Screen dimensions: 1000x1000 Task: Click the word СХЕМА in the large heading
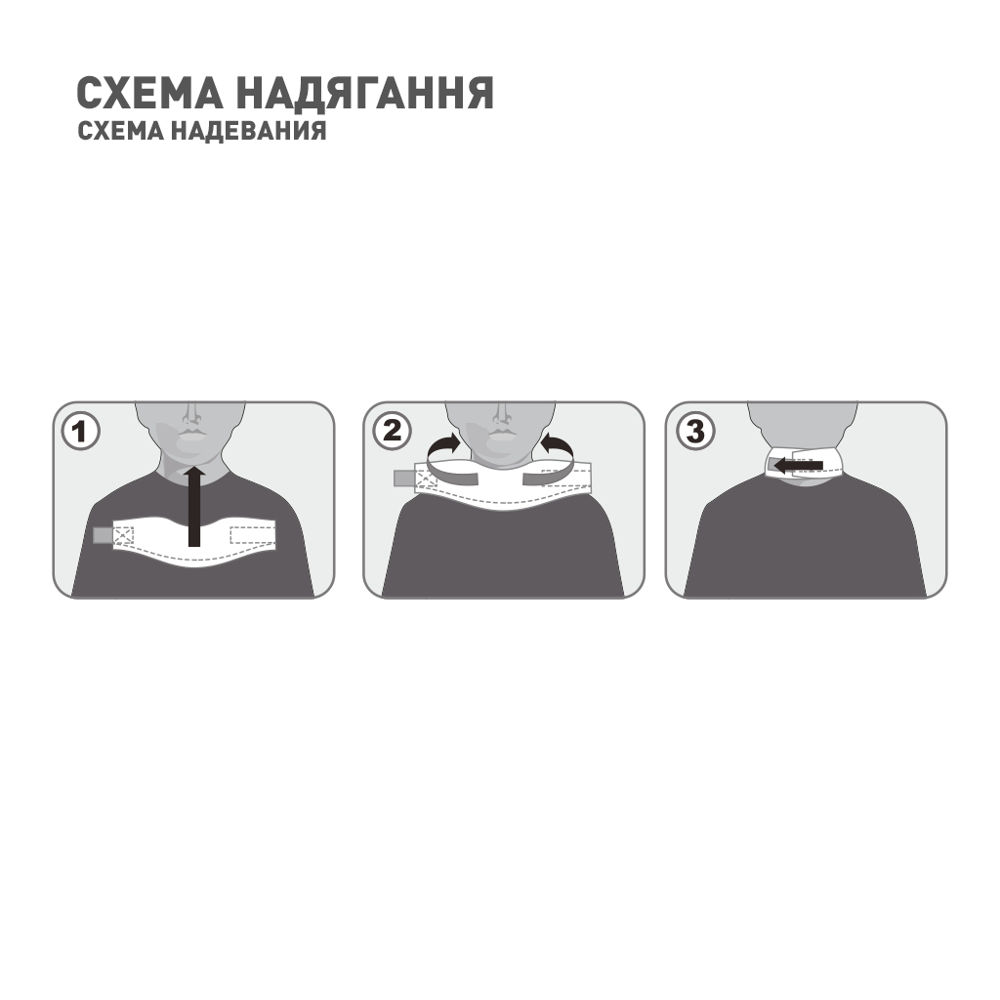click(149, 94)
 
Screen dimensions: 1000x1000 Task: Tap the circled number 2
click(391, 431)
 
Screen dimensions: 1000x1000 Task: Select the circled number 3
click(694, 431)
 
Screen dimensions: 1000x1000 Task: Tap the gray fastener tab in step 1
click(102, 535)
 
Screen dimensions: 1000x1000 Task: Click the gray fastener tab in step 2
click(403, 478)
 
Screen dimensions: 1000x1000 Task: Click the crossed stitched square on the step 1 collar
click(123, 535)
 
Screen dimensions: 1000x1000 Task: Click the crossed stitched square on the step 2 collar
click(426, 479)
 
